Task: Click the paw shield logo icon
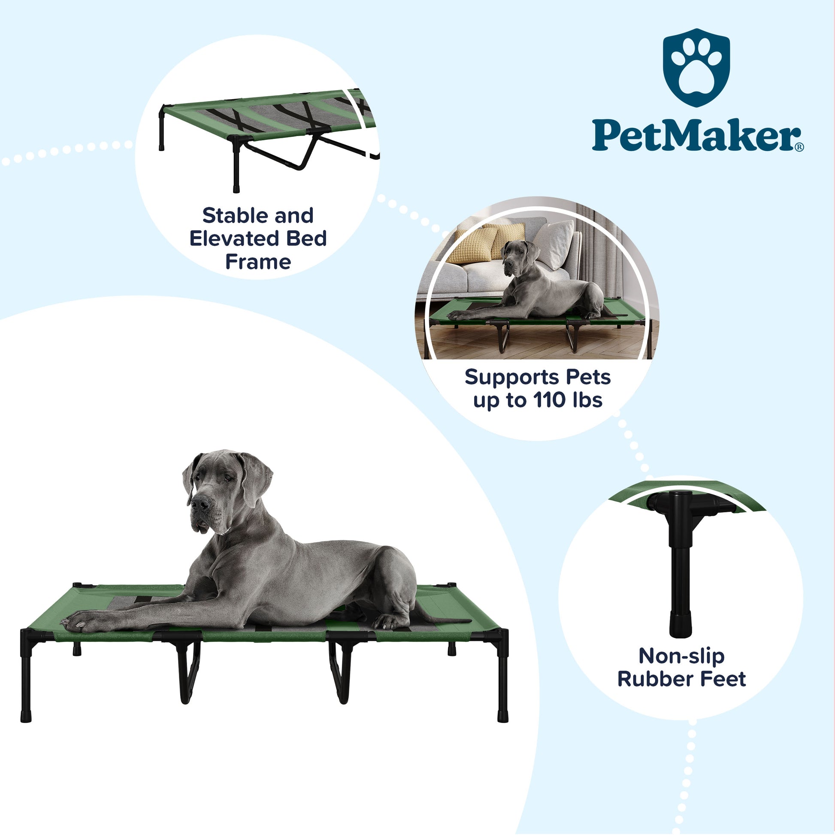coord(696,67)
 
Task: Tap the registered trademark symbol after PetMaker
coord(799,147)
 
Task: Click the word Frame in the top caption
coord(258,262)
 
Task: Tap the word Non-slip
coord(681,656)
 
